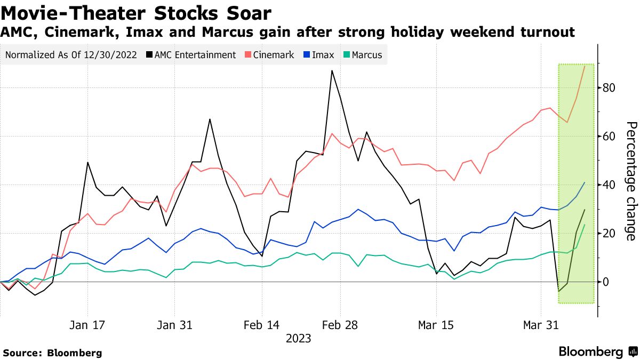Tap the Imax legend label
323,54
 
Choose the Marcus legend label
367,54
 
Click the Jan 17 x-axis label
87,325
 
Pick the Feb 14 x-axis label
261,325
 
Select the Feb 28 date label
341,325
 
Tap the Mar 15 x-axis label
436,325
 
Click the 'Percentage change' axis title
630,181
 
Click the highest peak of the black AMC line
332,70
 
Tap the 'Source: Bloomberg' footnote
52,353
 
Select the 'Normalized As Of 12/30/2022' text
70,54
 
